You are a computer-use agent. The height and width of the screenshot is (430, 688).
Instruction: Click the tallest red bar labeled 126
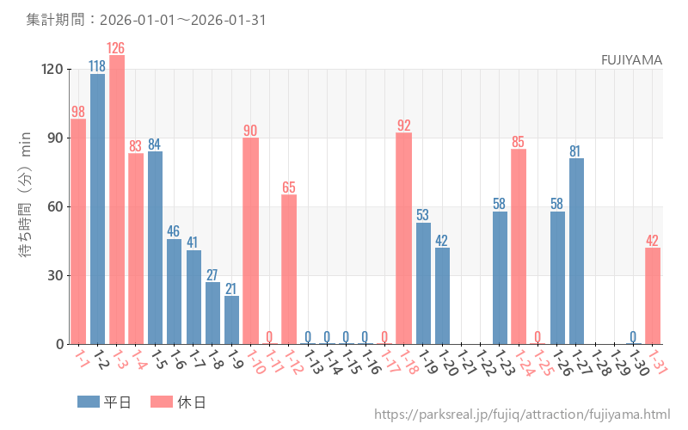click(117, 200)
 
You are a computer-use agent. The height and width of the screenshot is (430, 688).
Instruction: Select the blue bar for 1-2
click(98, 209)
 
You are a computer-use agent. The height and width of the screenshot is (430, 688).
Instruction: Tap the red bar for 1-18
click(404, 238)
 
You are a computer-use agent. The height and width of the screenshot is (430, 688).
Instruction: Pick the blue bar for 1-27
click(576, 251)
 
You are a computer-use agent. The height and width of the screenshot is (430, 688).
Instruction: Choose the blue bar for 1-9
click(231, 320)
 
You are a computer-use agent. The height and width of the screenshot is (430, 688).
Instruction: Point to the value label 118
click(98, 66)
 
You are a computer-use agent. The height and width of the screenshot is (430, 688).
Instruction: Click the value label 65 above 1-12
click(289, 187)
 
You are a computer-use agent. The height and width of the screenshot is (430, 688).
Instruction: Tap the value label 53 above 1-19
click(423, 215)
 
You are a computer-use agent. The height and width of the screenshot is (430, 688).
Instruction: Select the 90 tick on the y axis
click(53, 138)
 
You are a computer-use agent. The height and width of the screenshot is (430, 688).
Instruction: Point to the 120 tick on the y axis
click(50, 70)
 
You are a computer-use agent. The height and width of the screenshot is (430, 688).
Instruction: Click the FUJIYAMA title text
click(631, 59)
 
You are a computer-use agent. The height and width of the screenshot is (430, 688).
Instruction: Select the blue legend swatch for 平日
click(89, 402)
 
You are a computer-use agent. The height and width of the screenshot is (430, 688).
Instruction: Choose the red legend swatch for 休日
click(162, 402)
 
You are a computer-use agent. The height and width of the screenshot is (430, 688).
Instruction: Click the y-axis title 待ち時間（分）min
click(26, 206)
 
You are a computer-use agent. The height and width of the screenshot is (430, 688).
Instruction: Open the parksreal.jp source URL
click(522, 415)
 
